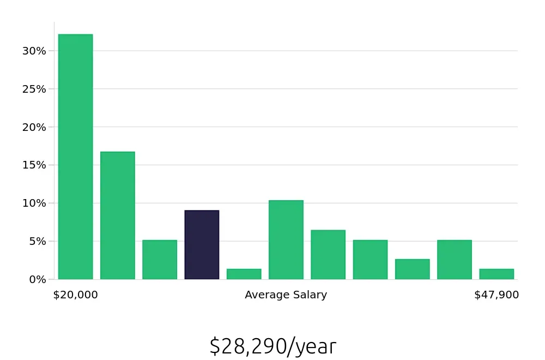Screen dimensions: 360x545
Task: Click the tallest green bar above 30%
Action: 75,157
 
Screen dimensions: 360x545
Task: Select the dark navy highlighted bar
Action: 202,245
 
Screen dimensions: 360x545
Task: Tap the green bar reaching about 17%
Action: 117,215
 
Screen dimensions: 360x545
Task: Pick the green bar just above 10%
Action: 286,240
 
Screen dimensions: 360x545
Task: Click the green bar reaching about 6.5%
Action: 328,255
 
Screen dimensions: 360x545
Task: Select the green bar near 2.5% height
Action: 412,269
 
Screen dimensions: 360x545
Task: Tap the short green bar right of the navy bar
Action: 244,274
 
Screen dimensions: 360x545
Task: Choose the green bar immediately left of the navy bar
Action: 160,260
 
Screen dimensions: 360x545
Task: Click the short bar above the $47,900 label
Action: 496,274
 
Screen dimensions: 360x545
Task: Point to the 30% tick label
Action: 34,51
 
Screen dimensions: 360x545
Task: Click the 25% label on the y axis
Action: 34,89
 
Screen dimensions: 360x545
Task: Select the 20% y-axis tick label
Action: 34,127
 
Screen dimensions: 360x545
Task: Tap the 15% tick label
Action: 34,165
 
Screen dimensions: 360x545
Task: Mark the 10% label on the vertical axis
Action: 34,203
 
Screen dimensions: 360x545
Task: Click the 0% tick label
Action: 37,279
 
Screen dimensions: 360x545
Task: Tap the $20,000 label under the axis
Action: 75,295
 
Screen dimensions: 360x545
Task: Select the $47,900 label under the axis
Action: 496,295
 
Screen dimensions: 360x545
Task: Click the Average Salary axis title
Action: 286,295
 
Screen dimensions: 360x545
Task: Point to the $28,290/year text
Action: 272,346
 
